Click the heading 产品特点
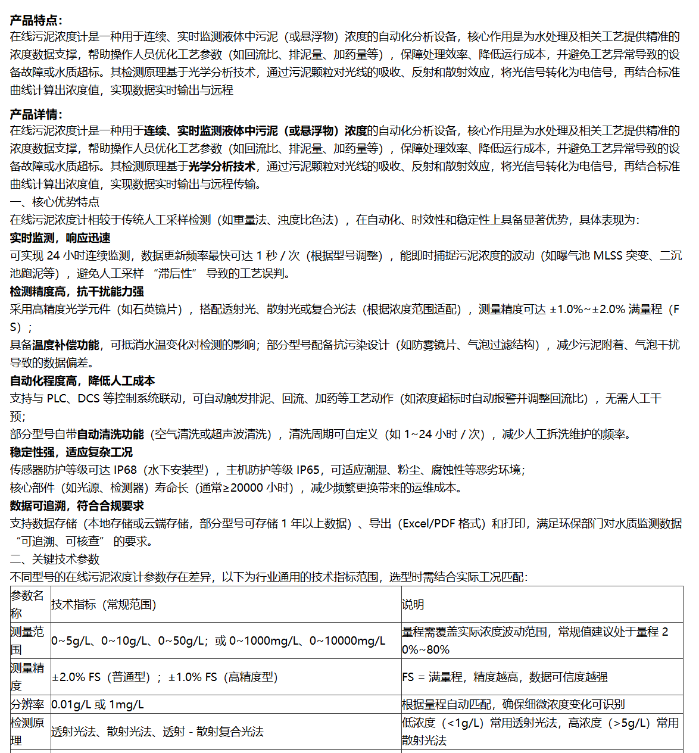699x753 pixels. pyautogui.click(x=36, y=21)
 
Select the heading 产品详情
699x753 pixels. pyautogui.click(x=36, y=115)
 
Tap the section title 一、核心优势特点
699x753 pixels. pyautogui.click(x=55, y=202)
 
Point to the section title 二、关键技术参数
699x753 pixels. pyautogui.click(x=55, y=560)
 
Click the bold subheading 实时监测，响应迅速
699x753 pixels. pyautogui.click(x=60, y=238)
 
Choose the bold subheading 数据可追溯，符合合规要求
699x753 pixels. pyautogui.click(x=77, y=506)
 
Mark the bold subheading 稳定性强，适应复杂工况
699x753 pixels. pyautogui.click(x=71, y=452)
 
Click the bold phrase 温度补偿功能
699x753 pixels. pyautogui.click(x=65, y=345)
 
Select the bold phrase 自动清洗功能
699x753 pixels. pyautogui.click(x=110, y=435)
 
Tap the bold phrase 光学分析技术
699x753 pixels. pyautogui.click(x=222, y=167)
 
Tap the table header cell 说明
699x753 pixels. pyautogui.click(x=413, y=605)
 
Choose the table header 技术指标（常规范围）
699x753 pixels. pyautogui.click(x=104, y=605)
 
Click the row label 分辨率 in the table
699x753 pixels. pyautogui.click(x=27, y=705)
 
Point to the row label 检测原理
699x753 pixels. pyautogui.click(x=27, y=732)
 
